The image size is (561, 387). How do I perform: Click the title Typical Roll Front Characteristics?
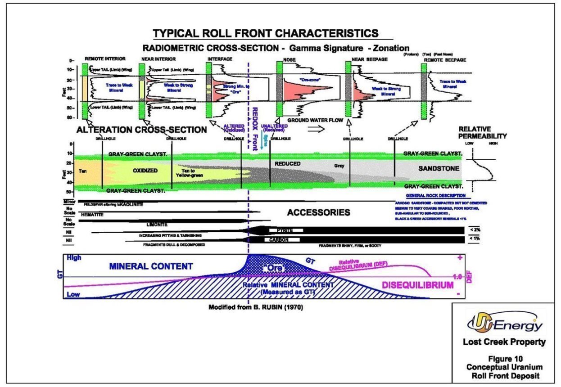pos(265,33)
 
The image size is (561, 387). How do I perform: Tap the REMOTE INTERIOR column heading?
pos(105,59)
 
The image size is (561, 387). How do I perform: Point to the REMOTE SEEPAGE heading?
pos(445,59)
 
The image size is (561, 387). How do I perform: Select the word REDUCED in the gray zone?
pos(287,164)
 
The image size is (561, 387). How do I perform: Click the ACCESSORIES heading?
pos(318,212)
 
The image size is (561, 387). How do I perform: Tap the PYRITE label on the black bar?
pos(285,230)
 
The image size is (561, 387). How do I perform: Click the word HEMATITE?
pos(92,215)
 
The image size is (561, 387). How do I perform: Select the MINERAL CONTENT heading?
pos(150,266)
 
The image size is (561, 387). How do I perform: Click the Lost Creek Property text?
pos(504,342)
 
